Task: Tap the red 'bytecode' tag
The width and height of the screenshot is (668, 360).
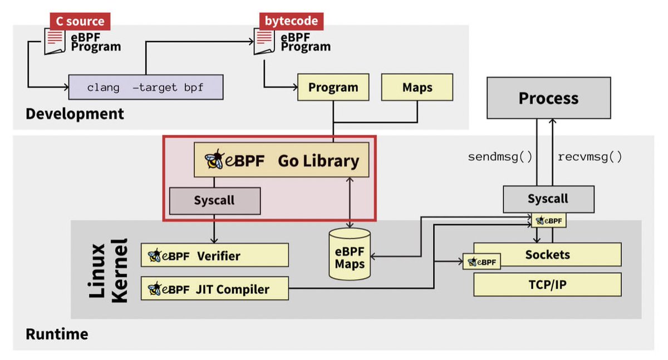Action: pyautogui.click(x=291, y=22)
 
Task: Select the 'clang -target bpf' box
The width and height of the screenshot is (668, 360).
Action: pyautogui.click(x=145, y=87)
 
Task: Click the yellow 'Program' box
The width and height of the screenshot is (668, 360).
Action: pyautogui.click(x=333, y=87)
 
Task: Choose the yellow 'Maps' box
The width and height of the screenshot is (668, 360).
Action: pyautogui.click(x=417, y=87)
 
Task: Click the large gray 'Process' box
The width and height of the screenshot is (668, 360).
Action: pyautogui.click(x=548, y=98)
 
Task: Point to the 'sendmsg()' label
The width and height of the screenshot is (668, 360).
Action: pyautogui.click(x=500, y=157)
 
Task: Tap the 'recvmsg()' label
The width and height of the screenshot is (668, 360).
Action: pyautogui.click(x=590, y=157)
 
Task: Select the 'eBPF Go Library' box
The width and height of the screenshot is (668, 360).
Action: pyautogui.click(x=282, y=160)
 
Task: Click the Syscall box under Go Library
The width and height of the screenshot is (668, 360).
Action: pyautogui.click(x=214, y=200)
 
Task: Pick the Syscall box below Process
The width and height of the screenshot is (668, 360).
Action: pyautogui.click(x=548, y=199)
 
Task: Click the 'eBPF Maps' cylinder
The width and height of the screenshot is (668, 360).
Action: pyautogui.click(x=350, y=254)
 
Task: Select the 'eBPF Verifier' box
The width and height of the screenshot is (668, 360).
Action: pyautogui.click(x=214, y=255)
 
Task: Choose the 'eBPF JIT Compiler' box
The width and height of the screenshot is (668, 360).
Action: pyautogui.click(x=214, y=289)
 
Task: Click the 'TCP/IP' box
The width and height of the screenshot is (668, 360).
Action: pyautogui.click(x=547, y=284)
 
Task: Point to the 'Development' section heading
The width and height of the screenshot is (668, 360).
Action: pyautogui.click(x=75, y=114)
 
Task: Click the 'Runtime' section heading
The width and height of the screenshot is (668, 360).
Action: pyautogui.click(x=57, y=334)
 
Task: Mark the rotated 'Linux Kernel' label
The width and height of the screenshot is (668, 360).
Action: pyautogui.click(x=109, y=271)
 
